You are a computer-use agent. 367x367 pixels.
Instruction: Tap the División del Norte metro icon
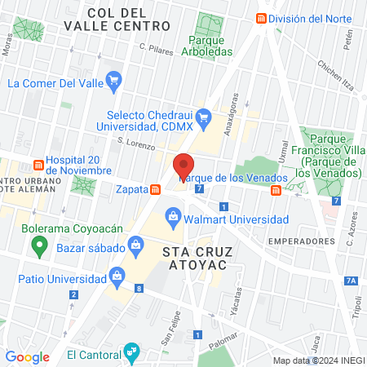261,18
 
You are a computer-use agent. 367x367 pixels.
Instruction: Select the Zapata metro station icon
154,190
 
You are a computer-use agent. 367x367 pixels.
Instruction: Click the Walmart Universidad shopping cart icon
173,219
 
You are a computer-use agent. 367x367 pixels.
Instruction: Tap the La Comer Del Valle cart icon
114,82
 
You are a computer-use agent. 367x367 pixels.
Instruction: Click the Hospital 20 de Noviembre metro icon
38,160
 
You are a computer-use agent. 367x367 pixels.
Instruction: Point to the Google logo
27,356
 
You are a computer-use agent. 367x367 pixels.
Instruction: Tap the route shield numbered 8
139,288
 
